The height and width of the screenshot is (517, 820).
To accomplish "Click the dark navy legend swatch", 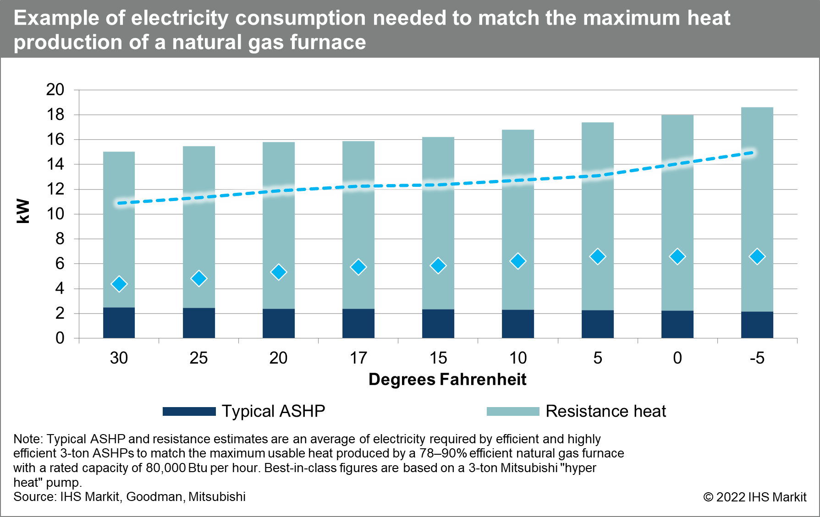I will coord(189,411).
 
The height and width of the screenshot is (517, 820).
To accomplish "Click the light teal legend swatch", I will coord(512,411).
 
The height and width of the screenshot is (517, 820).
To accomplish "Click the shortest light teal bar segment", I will coord(119,229).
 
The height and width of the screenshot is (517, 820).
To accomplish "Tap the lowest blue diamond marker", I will coord(119,284).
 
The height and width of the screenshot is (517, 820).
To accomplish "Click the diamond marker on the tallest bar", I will coord(757,256).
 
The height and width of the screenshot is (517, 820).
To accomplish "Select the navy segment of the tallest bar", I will coord(757,325).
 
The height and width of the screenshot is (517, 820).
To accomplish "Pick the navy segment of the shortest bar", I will coord(119,323).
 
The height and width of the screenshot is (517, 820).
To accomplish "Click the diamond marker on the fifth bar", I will coord(438,266).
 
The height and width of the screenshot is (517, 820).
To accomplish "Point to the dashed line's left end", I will coord(119,203).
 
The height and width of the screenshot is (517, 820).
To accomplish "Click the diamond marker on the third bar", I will coord(279,272).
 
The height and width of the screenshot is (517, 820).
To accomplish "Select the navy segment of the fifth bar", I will coord(438,324).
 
